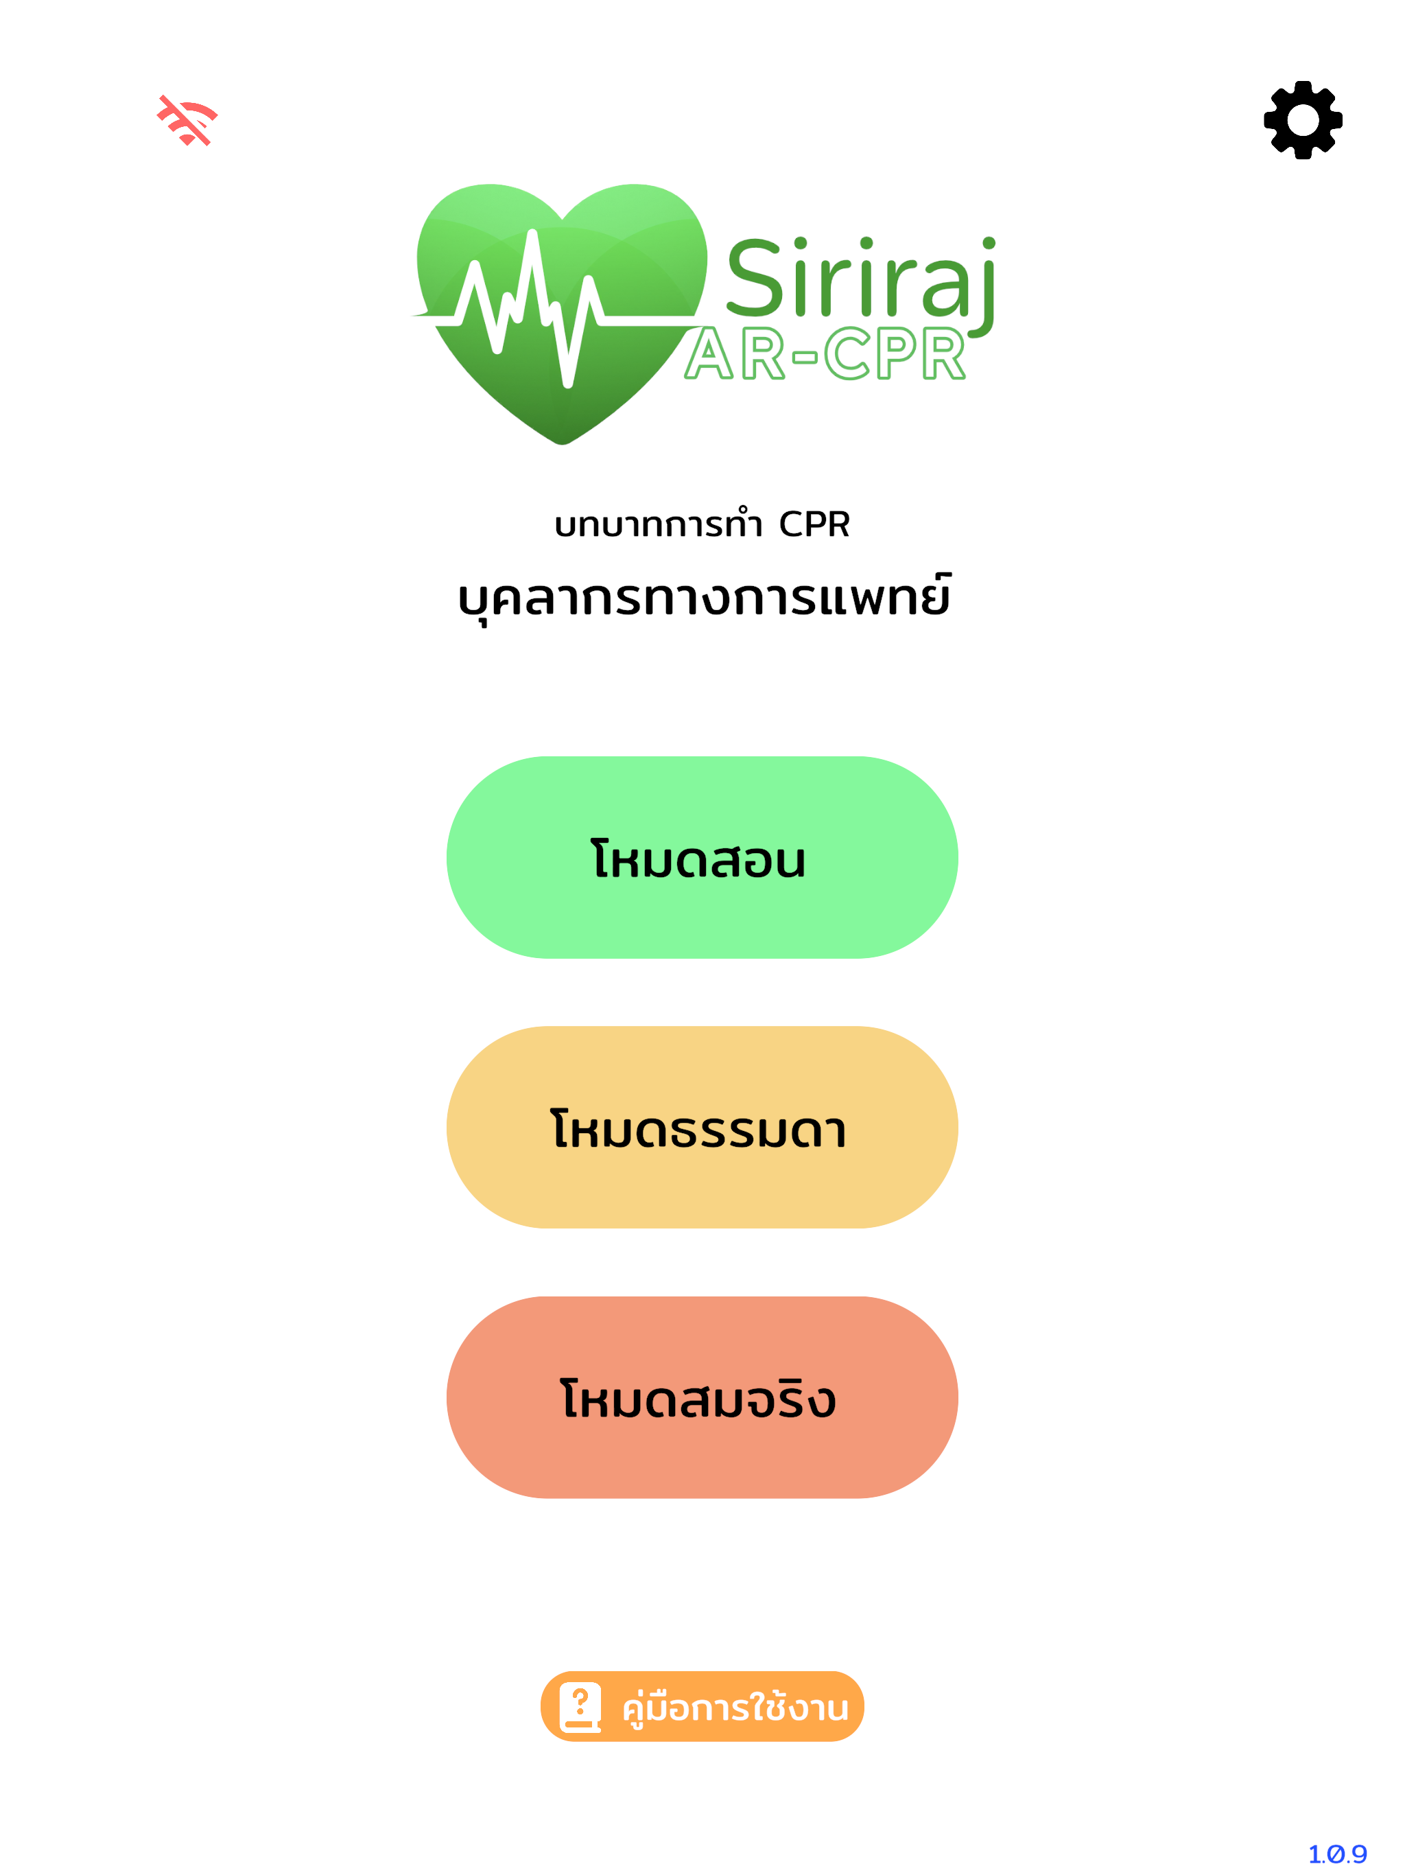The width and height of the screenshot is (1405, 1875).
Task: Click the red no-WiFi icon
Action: coord(187,120)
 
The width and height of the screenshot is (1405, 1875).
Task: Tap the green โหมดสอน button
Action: coord(702,857)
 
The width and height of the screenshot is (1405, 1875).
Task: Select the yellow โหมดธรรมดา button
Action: coord(702,1128)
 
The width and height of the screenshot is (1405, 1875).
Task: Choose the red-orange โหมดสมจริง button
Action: coord(702,1397)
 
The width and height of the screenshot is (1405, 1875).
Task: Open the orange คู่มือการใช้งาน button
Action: coord(702,1706)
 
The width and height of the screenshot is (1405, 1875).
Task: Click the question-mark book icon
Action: coord(580,1707)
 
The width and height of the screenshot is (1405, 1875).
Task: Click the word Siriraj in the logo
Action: coord(861,280)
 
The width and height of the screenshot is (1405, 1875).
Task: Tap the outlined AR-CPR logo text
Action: coord(825,353)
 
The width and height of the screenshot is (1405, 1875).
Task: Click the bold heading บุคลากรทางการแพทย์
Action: coord(703,598)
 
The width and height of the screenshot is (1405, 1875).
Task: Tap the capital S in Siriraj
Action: coord(753,277)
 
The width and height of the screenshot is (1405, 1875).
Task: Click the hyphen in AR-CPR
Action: coord(805,357)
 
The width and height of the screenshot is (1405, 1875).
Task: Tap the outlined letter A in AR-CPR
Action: coord(709,353)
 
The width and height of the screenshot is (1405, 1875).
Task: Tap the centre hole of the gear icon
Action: coord(1303,119)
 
